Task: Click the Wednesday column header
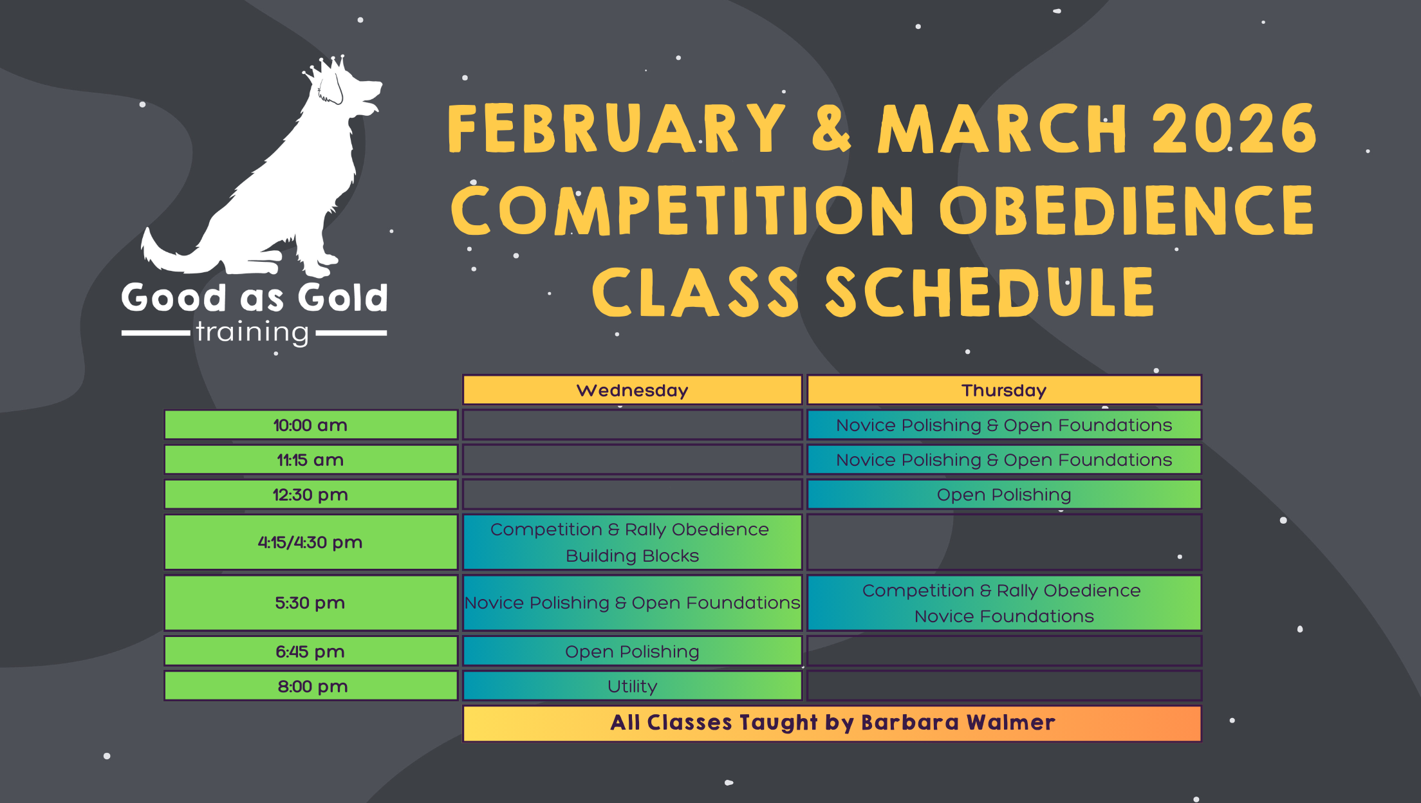pos(632,390)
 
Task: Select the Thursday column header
pos(1004,390)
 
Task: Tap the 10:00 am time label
pos(311,425)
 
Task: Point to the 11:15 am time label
pos(311,459)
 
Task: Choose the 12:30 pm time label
pos(311,494)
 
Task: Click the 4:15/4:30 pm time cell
pos(311,542)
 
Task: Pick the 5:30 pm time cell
pos(311,603)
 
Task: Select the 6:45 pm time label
pos(311,651)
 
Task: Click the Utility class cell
pos(632,686)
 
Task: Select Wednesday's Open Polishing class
pos(632,651)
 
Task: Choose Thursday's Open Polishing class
pos(1004,494)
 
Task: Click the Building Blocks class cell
pos(632,542)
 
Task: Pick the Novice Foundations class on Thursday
pos(1004,603)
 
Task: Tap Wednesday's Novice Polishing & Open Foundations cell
pos(632,603)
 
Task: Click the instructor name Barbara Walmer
pos(958,723)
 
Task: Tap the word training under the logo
pos(252,333)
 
